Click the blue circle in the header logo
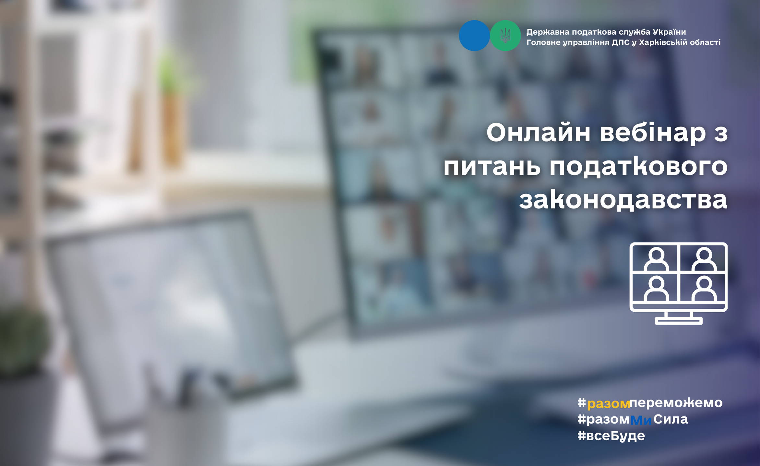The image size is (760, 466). [x=474, y=36]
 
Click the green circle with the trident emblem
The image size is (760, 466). [x=505, y=36]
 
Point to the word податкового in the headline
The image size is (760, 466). [x=638, y=167]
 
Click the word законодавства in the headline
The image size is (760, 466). [x=623, y=200]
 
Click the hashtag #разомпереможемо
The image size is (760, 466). [x=650, y=403]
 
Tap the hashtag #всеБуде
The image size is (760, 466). [x=611, y=436]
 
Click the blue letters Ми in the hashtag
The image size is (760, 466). [x=641, y=420]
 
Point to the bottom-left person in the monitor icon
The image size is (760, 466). [x=656, y=289]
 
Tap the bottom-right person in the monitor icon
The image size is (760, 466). [x=704, y=289]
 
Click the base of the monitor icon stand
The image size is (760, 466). [x=679, y=321]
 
